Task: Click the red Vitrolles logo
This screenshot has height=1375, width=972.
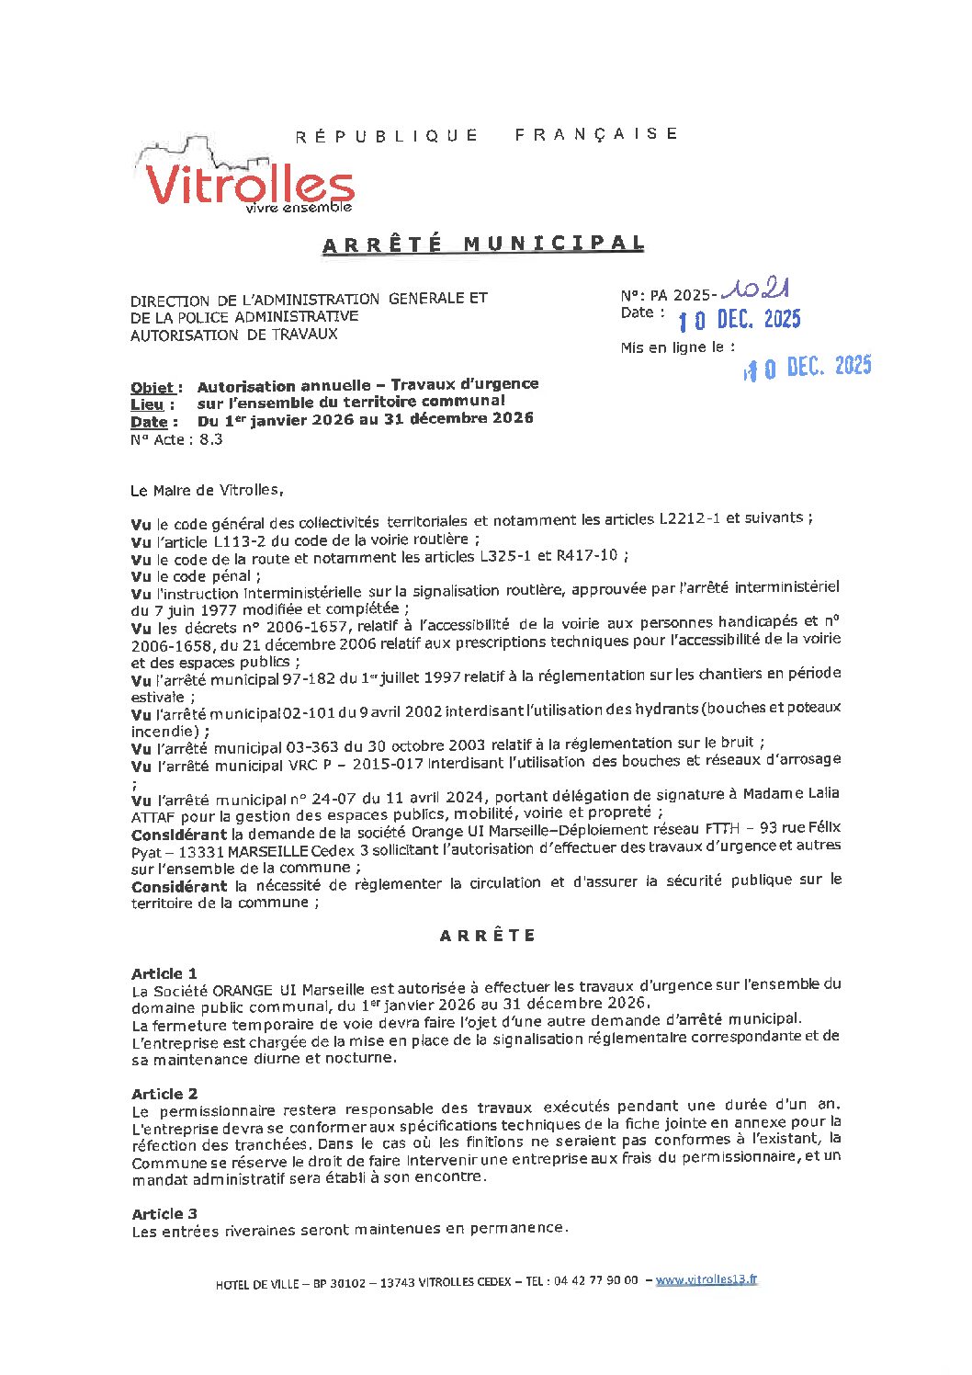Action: [x=248, y=184]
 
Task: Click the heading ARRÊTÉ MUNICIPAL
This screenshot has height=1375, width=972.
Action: [x=483, y=244]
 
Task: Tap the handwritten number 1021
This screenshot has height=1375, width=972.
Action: [x=755, y=290]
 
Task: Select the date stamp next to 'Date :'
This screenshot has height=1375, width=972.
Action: [x=740, y=320]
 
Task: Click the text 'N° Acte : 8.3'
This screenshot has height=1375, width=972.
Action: [x=176, y=439]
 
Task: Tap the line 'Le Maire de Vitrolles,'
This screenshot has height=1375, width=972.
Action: [x=208, y=490]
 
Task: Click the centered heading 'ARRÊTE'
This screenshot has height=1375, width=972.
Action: [x=487, y=936]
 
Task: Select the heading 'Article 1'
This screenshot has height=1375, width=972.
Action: [x=164, y=973]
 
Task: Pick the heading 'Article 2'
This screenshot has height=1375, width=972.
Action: [x=164, y=1094]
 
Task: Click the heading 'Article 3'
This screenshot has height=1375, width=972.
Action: [x=164, y=1214]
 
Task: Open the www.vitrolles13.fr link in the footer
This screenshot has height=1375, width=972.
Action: [x=706, y=1279]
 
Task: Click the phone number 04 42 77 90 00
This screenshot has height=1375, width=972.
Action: [x=595, y=1281]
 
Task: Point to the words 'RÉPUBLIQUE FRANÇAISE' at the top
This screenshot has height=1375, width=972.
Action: [x=487, y=134]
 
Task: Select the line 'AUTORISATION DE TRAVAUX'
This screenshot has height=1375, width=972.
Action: [x=233, y=335]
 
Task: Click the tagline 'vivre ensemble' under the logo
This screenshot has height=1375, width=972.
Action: [x=299, y=208]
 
